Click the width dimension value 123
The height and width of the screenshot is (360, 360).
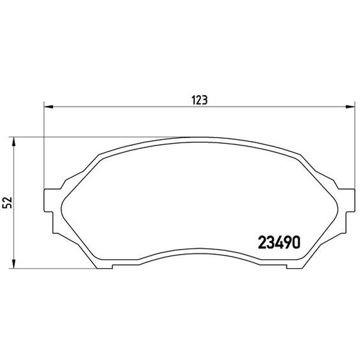coord(199,100)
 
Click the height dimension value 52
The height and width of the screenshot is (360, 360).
coord(7,202)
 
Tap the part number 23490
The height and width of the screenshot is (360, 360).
coord(279,243)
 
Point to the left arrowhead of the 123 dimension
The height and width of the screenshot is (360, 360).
coord(49,107)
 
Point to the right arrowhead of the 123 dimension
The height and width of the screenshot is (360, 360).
coord(350,107)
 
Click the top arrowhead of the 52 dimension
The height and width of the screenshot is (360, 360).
coord(14,142)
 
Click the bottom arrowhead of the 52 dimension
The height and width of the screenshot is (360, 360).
coord(14,264)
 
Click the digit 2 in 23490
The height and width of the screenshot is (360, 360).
coord(262,243)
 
